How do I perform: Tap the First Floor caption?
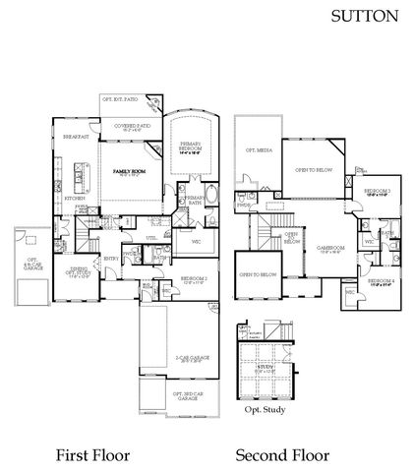coord(93,454)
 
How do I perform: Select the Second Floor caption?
coord(281,454)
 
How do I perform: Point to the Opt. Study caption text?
coord(266,408)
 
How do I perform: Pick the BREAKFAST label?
coord(77,137)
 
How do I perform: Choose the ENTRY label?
coord(111,259)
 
